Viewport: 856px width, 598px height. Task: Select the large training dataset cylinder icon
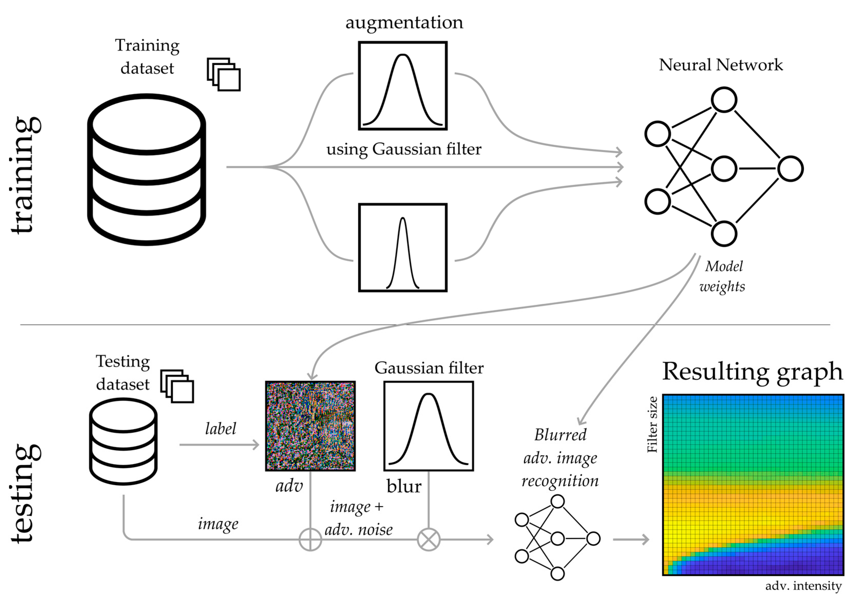click(x=147, y=170)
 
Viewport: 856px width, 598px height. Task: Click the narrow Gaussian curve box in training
click(x=403, y=247)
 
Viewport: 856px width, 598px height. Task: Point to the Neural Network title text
click(x=721, y=65)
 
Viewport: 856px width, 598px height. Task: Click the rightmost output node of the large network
click(x=790, y=169)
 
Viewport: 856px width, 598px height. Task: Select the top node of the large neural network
click(x=724, y=100)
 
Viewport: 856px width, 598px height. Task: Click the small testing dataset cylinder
click(x=123, y=441)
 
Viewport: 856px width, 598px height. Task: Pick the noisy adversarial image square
click(x=310, y=426)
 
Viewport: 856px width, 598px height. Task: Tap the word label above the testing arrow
click(x=220, y=428)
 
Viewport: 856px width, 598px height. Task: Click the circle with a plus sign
click(x=310, y=539)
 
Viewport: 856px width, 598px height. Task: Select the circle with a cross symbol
click(x=429, y=539)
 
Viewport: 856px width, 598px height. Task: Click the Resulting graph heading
click(x=752, y=371)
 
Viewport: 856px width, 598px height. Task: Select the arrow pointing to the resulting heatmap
click(x=631, y=539)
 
